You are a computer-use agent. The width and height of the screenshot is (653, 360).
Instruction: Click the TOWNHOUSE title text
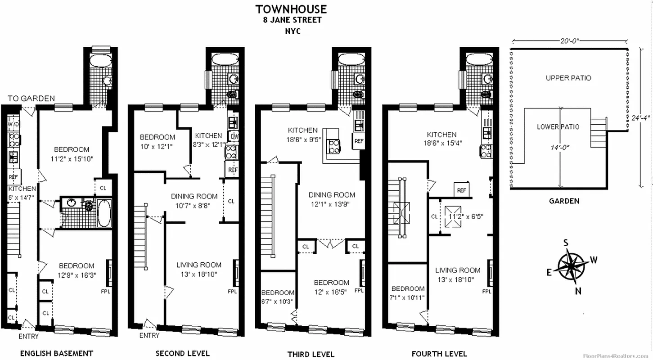click(x=291, y=9)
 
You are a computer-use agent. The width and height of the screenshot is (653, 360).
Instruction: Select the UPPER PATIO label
click(x=568, y=78)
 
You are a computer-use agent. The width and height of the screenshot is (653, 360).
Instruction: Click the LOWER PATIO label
click(x=558, y=127)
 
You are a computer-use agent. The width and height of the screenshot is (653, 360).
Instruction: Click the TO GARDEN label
click(x=31, y=99)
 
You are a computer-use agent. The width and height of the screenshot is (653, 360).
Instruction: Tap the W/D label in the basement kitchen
click(x=13, y=124)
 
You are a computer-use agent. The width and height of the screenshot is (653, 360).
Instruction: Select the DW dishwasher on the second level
click(x=234, y=136)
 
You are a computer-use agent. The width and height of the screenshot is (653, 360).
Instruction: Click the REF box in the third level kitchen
click(x=359, y=141)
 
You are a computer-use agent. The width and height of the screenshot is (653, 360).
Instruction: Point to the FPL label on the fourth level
click(x=486, y=291)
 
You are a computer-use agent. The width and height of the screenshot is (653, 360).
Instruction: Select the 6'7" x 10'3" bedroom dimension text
click(x=278, y=301)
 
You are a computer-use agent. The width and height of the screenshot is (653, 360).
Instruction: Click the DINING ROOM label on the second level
click(x=194, y=196)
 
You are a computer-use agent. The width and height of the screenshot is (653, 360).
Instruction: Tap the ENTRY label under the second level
click(x=149, y=335)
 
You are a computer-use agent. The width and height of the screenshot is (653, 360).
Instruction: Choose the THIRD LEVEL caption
click(x=311, y=354)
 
